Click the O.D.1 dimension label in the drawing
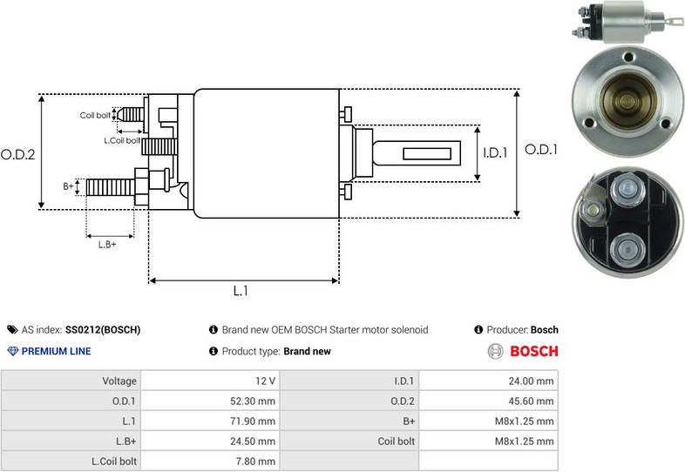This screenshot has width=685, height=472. pyautogui.click(x=540, y=150)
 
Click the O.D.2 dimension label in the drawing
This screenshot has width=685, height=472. pyautogui.click(x=17, y=154)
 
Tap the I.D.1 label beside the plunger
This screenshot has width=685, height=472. pyautogui.click(x=495, y=152)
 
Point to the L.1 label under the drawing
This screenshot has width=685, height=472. pyautogui.click(x=241, y=292)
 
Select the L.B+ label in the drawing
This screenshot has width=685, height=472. pyautogui.click(x=107, y=244)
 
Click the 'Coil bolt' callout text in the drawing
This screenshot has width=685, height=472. pyautogui.click(x=95, y=115)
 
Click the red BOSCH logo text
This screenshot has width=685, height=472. pyautogui.click(x=533, y=352)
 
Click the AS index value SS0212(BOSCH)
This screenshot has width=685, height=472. pyautogui.click(x=103, y=330)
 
